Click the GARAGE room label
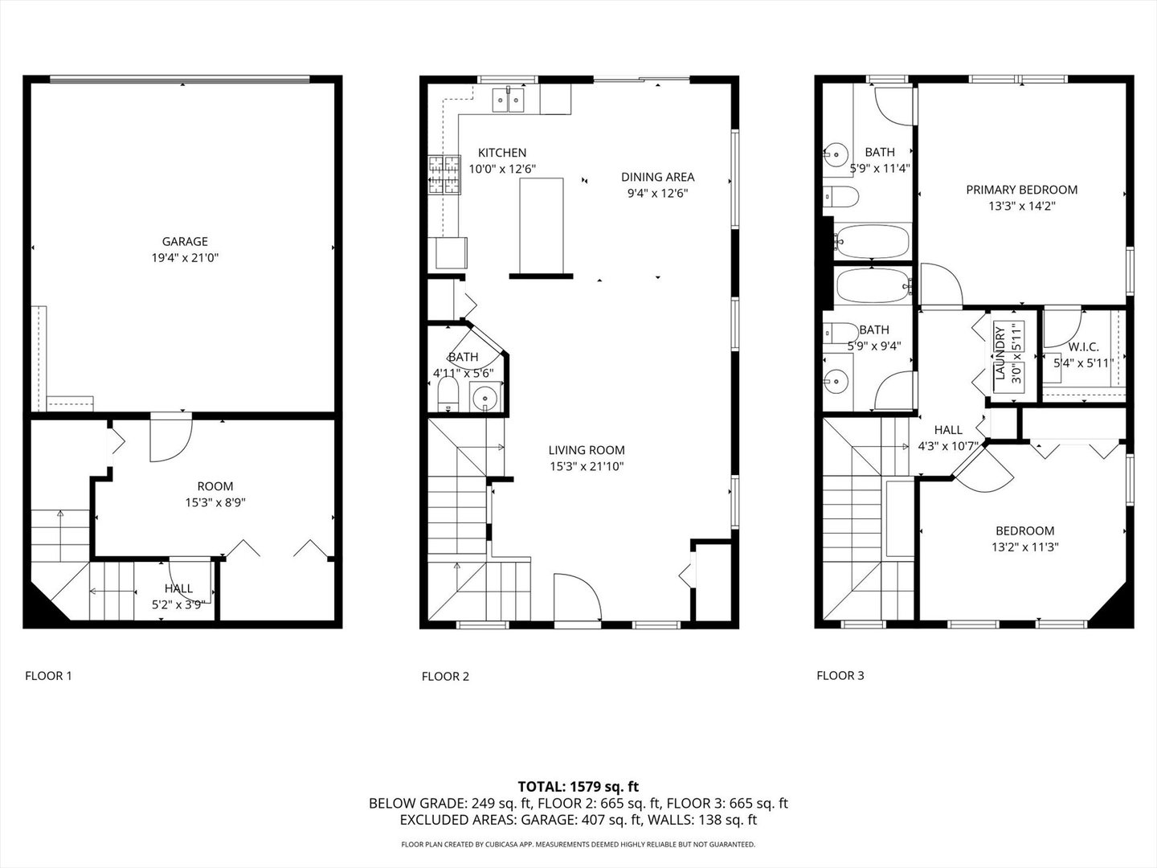tap(185, 241)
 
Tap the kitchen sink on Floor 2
tap(509, 100)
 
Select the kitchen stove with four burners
tap(445, 175)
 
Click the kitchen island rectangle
tap(541, 227)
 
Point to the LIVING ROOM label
tap(587, 450)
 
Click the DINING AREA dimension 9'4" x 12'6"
tap(657, 193)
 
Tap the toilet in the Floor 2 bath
tap(448, 394)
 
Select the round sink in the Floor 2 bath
tap(484, 396)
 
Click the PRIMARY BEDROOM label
tap(1021, 190)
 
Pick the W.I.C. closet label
tap(1083, 347)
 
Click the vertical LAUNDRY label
tap(1000, 354)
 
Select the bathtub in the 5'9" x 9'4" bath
tap(873, 285)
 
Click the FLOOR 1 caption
tap(48, 676)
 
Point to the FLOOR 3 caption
tap(840, 675)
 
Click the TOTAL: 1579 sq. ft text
tap(578, 786)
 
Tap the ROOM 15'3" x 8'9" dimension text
tap(215, 502)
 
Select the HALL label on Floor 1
tap(178, 588)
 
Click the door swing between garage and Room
tap(170, 438)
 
